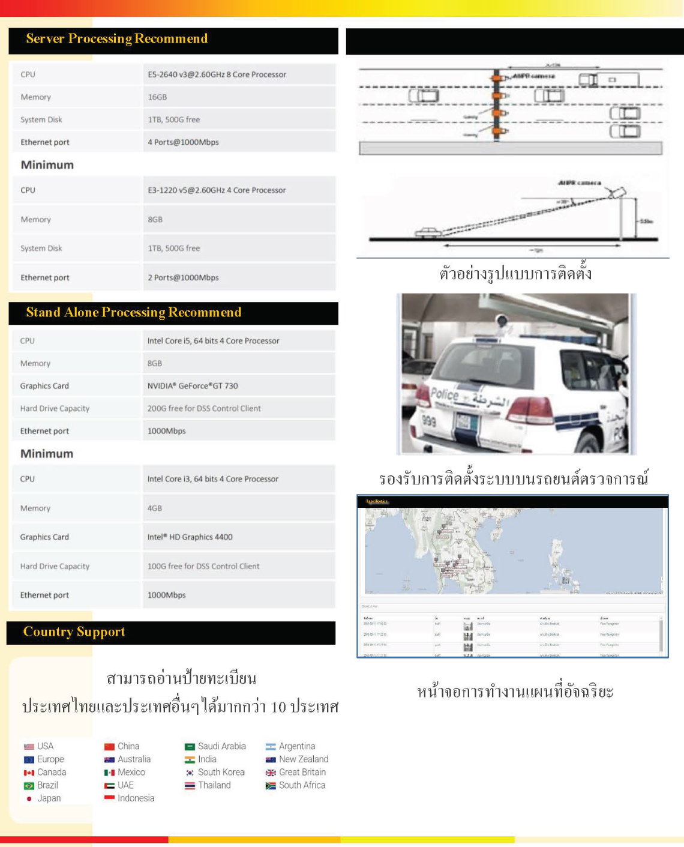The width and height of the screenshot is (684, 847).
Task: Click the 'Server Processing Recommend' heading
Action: [x=116, y=39]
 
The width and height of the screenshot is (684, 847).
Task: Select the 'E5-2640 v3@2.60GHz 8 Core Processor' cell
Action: [x=217, y=74]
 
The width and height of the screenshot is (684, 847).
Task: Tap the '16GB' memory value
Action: [x=157, y=97]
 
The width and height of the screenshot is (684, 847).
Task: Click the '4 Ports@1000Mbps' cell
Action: [x=183, y=142]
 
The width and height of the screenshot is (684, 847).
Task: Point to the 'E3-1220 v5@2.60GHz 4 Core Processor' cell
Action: [x=217, y=190]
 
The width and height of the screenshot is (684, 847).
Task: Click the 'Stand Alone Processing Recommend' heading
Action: [x=133, y=313]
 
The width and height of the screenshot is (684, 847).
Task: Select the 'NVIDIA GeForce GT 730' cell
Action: [x=193, y=386]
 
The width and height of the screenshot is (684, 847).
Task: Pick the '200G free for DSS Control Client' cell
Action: [x=204, y=409]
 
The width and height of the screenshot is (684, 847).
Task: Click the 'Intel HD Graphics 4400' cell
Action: [x=190, y=537]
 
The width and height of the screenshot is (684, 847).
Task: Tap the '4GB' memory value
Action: [x=155, y=508]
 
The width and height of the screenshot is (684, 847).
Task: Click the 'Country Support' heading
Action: [x=74, y=632]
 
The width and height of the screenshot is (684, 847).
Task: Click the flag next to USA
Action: [x=29, y=747]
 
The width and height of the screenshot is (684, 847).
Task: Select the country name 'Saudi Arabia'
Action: [x=221, y=746]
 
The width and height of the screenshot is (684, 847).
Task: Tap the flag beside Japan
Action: [x=29, y=799]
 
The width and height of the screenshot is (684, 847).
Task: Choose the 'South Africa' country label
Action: [x=302, y=785]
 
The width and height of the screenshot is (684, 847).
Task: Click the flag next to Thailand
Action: [x=190, y=786]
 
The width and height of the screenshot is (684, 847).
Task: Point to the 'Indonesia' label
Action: [x=136, y=798]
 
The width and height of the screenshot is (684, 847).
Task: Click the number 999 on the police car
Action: [x=428, y=421]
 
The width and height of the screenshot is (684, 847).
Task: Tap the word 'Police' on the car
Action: [x=445, y=395]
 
